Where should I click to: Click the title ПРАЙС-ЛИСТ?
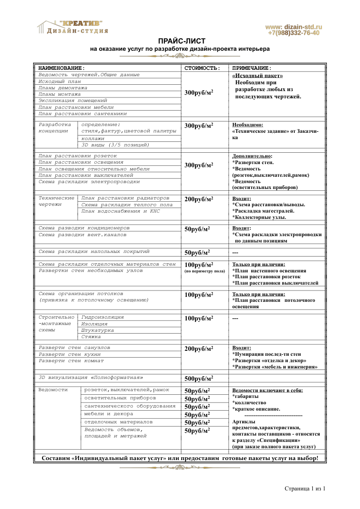180,41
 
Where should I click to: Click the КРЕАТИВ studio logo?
73,27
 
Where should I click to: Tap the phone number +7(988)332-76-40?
293,33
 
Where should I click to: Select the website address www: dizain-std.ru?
293,27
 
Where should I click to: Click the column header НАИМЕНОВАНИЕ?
61,68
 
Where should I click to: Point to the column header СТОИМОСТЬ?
202,68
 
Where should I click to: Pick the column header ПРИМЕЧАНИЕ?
252,68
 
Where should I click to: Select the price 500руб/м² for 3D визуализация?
199,378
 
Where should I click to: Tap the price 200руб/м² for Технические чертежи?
199,199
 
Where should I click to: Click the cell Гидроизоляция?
102,317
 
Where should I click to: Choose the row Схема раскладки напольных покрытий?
94,251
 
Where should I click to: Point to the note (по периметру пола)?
204,271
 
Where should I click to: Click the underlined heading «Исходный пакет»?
257,76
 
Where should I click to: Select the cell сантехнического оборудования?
130,406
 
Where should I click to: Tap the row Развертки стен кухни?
71,354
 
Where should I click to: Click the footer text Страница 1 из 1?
305,489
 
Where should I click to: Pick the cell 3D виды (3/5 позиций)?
115,145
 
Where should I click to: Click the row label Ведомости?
53,390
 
